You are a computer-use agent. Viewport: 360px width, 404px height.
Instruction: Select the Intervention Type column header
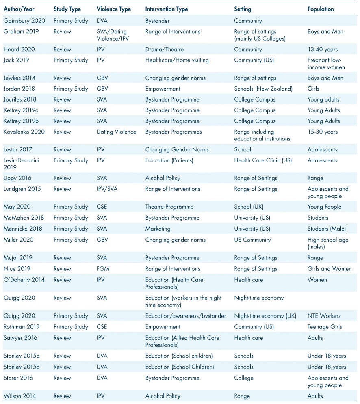(x=167, y=9)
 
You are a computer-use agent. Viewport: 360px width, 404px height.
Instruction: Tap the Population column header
(x=321, y=9)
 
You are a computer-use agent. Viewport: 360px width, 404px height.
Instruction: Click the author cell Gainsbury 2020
(x=24, y=21)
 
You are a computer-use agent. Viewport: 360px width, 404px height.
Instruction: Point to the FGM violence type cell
(x=103, y=269)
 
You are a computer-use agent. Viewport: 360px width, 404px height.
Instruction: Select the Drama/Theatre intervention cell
(x=164, y=50)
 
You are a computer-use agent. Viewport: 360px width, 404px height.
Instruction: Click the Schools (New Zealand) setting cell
(x=263, y=89)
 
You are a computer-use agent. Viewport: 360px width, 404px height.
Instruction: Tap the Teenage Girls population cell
(x=325, y=327)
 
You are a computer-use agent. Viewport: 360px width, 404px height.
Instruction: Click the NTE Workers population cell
(x=324, y=316)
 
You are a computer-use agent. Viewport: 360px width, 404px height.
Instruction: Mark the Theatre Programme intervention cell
(x=169, y=207)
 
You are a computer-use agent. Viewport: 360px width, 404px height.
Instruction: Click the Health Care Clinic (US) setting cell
(x=263, y=160)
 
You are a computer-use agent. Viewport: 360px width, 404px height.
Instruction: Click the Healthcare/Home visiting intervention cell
(x=177, y=60)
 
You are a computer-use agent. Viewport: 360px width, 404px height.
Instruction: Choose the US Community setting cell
(x=252, y=240)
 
